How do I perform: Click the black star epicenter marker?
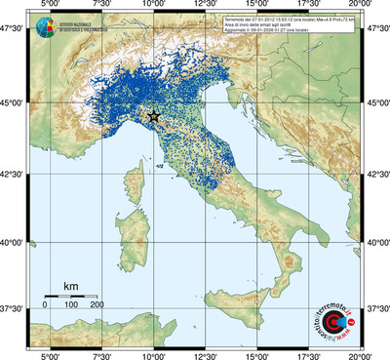(x=153, y=116)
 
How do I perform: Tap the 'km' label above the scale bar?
(x=71, y=286)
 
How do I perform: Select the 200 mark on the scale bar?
(x=97, y=305)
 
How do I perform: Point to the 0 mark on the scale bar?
(x=45, y=305)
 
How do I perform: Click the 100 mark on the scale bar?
(x=71, y=305)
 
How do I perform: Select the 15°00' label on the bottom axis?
(x=256, y=354)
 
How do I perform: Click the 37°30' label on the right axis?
(x=377, y=308)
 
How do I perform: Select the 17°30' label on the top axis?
(x=309, y=6)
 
